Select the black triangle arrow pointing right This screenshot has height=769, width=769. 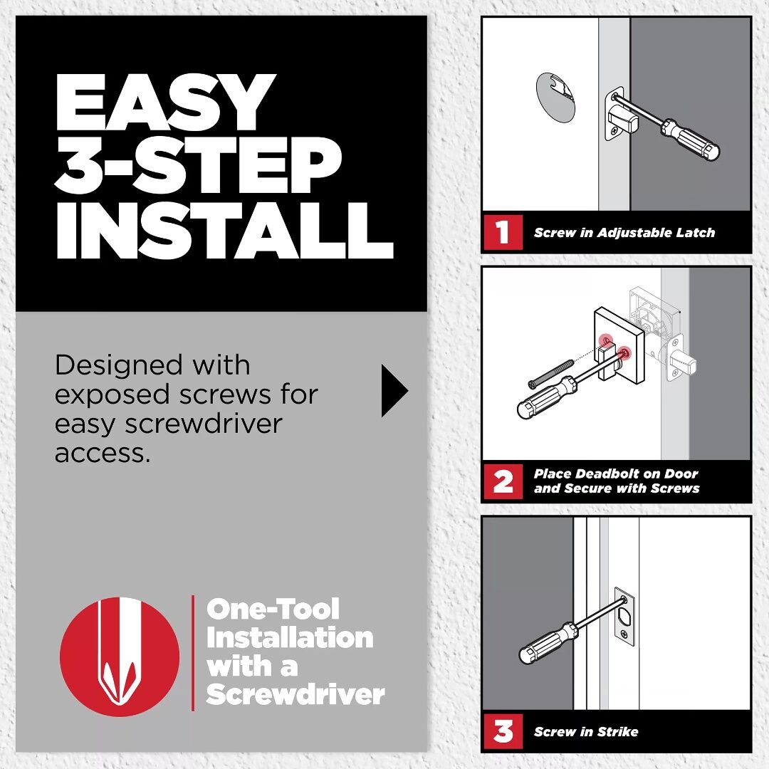click(394, 391)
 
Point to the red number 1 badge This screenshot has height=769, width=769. click(503, 232)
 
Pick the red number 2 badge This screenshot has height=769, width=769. click(503, 481)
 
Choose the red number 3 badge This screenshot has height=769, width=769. click(503, 731)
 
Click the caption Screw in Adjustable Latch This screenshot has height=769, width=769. click(624, 233)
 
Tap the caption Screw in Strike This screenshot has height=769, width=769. click(585, 732)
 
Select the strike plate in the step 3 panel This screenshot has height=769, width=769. click(624, 616)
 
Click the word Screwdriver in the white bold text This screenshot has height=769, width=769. click(295, 694)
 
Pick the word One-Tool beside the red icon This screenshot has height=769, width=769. click(273, 610)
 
